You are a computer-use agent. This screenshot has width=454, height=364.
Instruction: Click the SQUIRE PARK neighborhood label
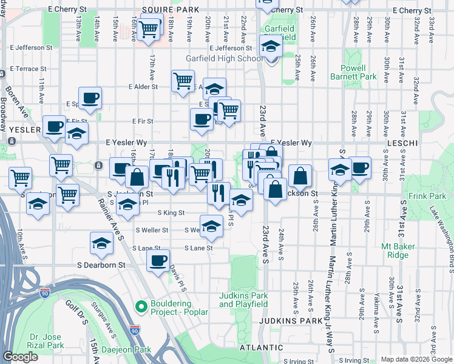(x=166, y=10)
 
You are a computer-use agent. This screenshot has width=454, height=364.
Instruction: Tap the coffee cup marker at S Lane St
(x=158, y=260)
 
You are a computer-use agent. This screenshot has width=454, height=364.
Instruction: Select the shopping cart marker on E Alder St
(x=183, y=80)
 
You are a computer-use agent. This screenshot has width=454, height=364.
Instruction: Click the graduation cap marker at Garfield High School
(x=270, y=45)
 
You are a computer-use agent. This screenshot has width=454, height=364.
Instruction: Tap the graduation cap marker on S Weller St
(x=211, y=226)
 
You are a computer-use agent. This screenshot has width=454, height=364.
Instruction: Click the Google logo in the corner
(x=20, y=357)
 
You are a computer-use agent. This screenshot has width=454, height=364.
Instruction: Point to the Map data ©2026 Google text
(x=416, y=359)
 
